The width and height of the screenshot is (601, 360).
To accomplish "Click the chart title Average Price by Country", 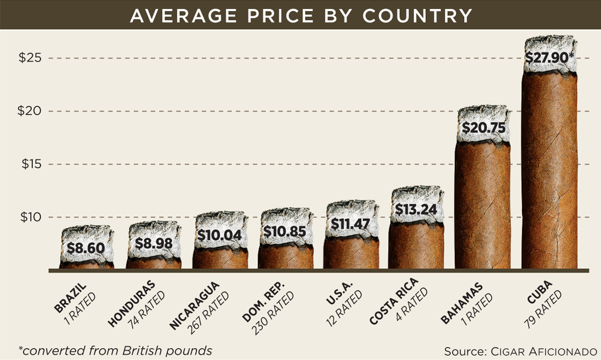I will coord(300,15).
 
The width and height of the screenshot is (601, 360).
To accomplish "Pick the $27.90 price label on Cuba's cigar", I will coord(549,58).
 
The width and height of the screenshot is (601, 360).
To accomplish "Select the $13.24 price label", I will coord(416,209).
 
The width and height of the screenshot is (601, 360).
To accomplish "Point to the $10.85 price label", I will coord(285,232).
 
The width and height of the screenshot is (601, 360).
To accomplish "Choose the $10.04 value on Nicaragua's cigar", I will coord(220,234).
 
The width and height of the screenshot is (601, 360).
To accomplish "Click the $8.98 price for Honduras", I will coord(154,244).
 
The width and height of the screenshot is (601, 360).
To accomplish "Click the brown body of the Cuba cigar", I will coord(549,175).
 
